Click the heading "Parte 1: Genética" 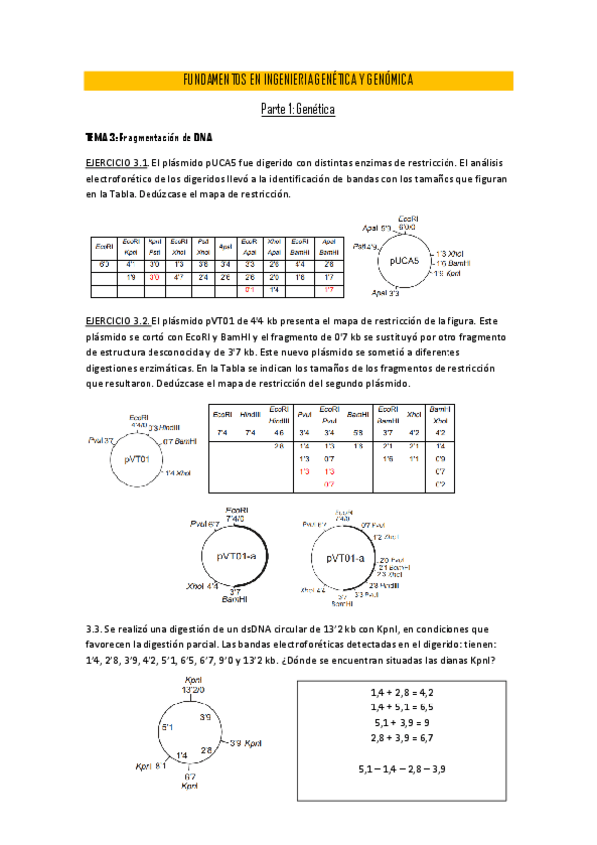point(298,108)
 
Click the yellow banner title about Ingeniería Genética point(298,80)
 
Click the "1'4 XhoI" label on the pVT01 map point(180,472)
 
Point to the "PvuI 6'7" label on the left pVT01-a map point(205,522)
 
